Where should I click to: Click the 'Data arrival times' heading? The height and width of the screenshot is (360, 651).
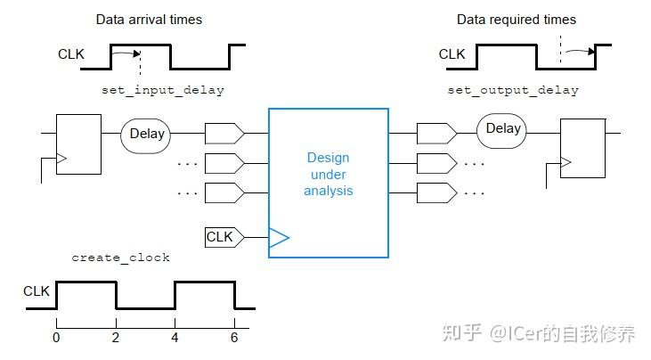coord(149,20)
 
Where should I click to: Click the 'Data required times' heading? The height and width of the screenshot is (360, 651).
coord(516,20)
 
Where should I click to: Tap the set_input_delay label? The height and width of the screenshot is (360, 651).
coord(163,90)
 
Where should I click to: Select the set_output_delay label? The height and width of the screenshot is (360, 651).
coord(513,90)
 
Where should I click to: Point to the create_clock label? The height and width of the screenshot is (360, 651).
coord(120,258)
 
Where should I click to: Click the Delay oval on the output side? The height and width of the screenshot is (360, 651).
coord(501,131)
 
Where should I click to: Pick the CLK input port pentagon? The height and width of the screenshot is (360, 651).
coord(224,237)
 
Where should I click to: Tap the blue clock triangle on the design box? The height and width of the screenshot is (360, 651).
coord(279,238)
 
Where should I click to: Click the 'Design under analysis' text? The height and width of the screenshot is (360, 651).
coord(329,174)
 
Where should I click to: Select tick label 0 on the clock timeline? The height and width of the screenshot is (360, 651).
coord(56,338)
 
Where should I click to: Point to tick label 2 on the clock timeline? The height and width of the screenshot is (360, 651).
coord(116,338)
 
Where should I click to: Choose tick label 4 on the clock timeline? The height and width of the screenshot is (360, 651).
coord(175,338)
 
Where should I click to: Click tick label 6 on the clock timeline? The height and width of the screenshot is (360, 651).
coord(234,338)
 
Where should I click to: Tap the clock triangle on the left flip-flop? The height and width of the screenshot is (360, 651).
coord(61,159)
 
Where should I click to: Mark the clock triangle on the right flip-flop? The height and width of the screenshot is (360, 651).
coord(566,162)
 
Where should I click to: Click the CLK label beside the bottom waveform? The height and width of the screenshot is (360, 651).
coord(37,291)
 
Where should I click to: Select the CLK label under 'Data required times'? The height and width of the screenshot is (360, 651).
coord(452,54)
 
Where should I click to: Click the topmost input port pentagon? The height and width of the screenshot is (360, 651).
coord(224,134)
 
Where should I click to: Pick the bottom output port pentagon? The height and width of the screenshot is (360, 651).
coord(436,193)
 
